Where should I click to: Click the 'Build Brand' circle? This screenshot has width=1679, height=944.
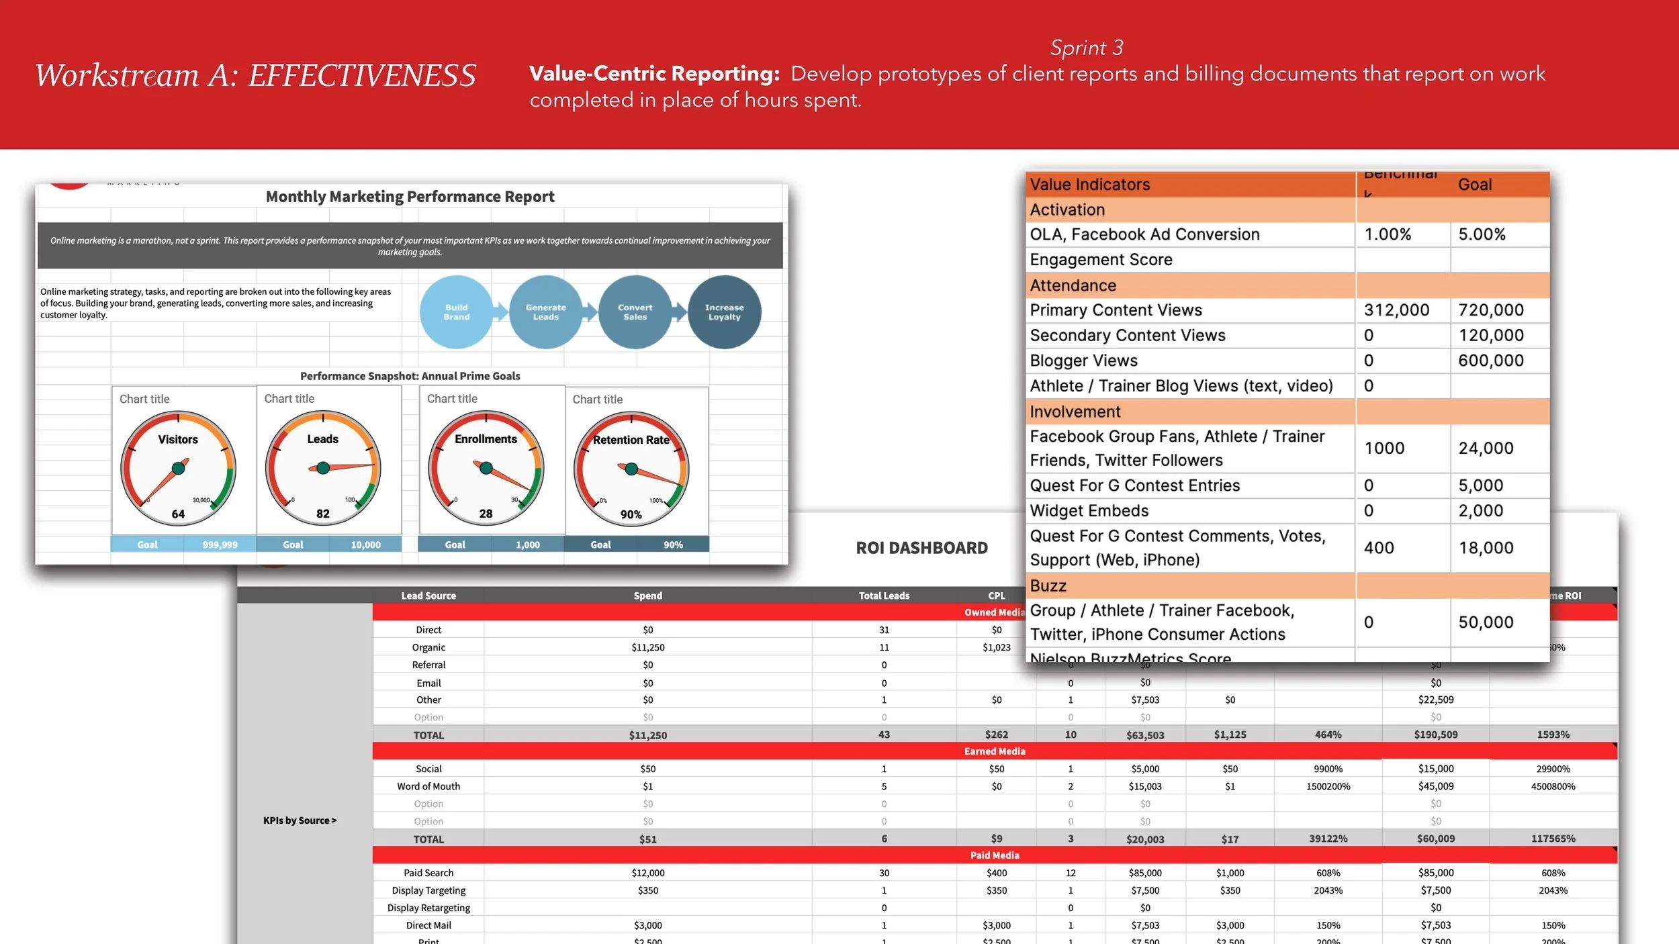(456, 312)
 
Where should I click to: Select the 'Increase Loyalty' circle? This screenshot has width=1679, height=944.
(724, 312)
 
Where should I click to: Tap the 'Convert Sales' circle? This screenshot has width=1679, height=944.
(635, 312)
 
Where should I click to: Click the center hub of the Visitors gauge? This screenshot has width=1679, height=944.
(179, 468)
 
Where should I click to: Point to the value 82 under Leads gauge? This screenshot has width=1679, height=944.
(323, 514)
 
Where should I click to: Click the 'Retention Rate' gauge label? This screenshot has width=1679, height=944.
(631, 440)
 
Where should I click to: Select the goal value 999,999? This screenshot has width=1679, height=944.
(220, 545)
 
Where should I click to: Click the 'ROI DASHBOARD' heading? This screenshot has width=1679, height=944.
(921, 548)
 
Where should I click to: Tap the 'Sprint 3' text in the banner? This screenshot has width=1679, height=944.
(1087, 48)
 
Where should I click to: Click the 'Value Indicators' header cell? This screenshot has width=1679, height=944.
(1090, 185)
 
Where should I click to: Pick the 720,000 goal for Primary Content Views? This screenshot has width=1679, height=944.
(1491, 310)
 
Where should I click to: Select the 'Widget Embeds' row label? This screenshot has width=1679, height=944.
(1089, 511)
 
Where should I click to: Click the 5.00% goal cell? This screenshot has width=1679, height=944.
(1482, 234)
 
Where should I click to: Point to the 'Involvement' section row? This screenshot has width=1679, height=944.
(1075, 412)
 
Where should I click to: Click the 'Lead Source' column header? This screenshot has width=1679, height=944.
(428, 596)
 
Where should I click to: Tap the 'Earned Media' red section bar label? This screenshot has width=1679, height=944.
(995, 751)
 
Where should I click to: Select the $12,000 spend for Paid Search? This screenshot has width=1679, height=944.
(647, 873)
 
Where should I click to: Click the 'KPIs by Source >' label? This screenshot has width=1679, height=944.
(300, 820)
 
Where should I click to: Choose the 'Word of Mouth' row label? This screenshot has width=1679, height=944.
(428, 786)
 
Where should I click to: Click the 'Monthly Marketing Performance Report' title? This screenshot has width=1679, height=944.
(410, 197)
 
